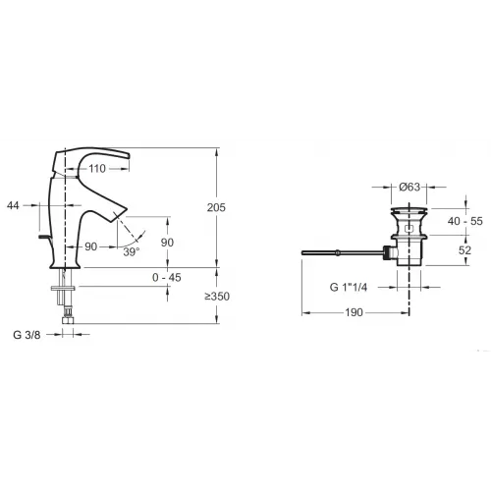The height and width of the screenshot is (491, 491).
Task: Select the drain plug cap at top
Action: pyautogui.click(x=409, y=210)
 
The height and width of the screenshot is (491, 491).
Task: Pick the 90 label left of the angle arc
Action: pyautogui.click(x=90, y=245)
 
